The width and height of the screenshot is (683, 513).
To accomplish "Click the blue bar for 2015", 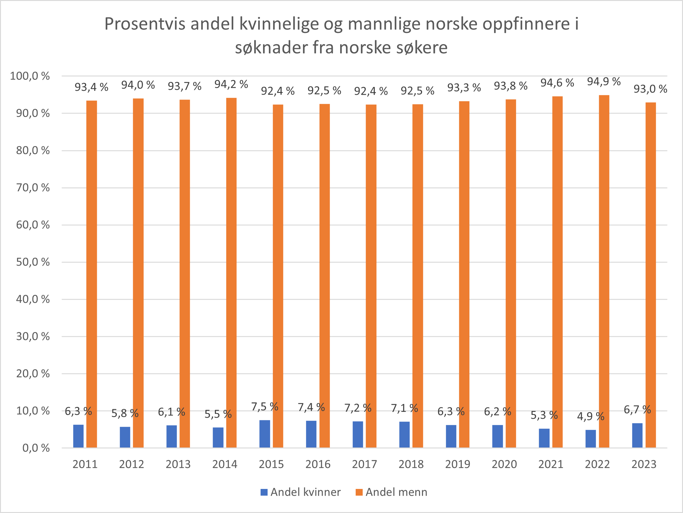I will (x=265, y=434).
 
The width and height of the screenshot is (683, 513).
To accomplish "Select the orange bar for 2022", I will (x=604, y=272).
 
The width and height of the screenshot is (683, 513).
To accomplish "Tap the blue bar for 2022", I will (x=591, y=439).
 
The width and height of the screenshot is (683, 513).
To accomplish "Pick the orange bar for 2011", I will (x=91, y=274).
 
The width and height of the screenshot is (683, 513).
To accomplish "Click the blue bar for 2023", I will (x=637, y=435).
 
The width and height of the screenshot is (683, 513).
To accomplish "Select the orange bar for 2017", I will (x=371, y=276).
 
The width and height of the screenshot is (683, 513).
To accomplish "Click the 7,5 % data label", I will (x=265, y=406).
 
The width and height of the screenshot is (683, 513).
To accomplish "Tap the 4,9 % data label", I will (x=591, y=416).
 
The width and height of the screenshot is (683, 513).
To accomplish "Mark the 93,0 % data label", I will (x=650, y=89).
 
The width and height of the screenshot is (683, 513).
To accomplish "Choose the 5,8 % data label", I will (x=125, y=413).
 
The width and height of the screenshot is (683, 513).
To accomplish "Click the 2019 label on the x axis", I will (x=457, y=464).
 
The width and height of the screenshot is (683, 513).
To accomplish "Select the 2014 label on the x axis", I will (x=225, y=464).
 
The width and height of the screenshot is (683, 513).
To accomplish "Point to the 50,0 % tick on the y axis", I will (x=33, y=262).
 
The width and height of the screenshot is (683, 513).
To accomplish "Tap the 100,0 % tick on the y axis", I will (x=30, y=76).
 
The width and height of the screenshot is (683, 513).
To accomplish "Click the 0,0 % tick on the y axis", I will (x=36, y=448).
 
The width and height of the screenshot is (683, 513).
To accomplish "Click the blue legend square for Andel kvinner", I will (x=264, y=492).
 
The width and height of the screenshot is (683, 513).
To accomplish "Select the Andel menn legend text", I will (x=397, y=492).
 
